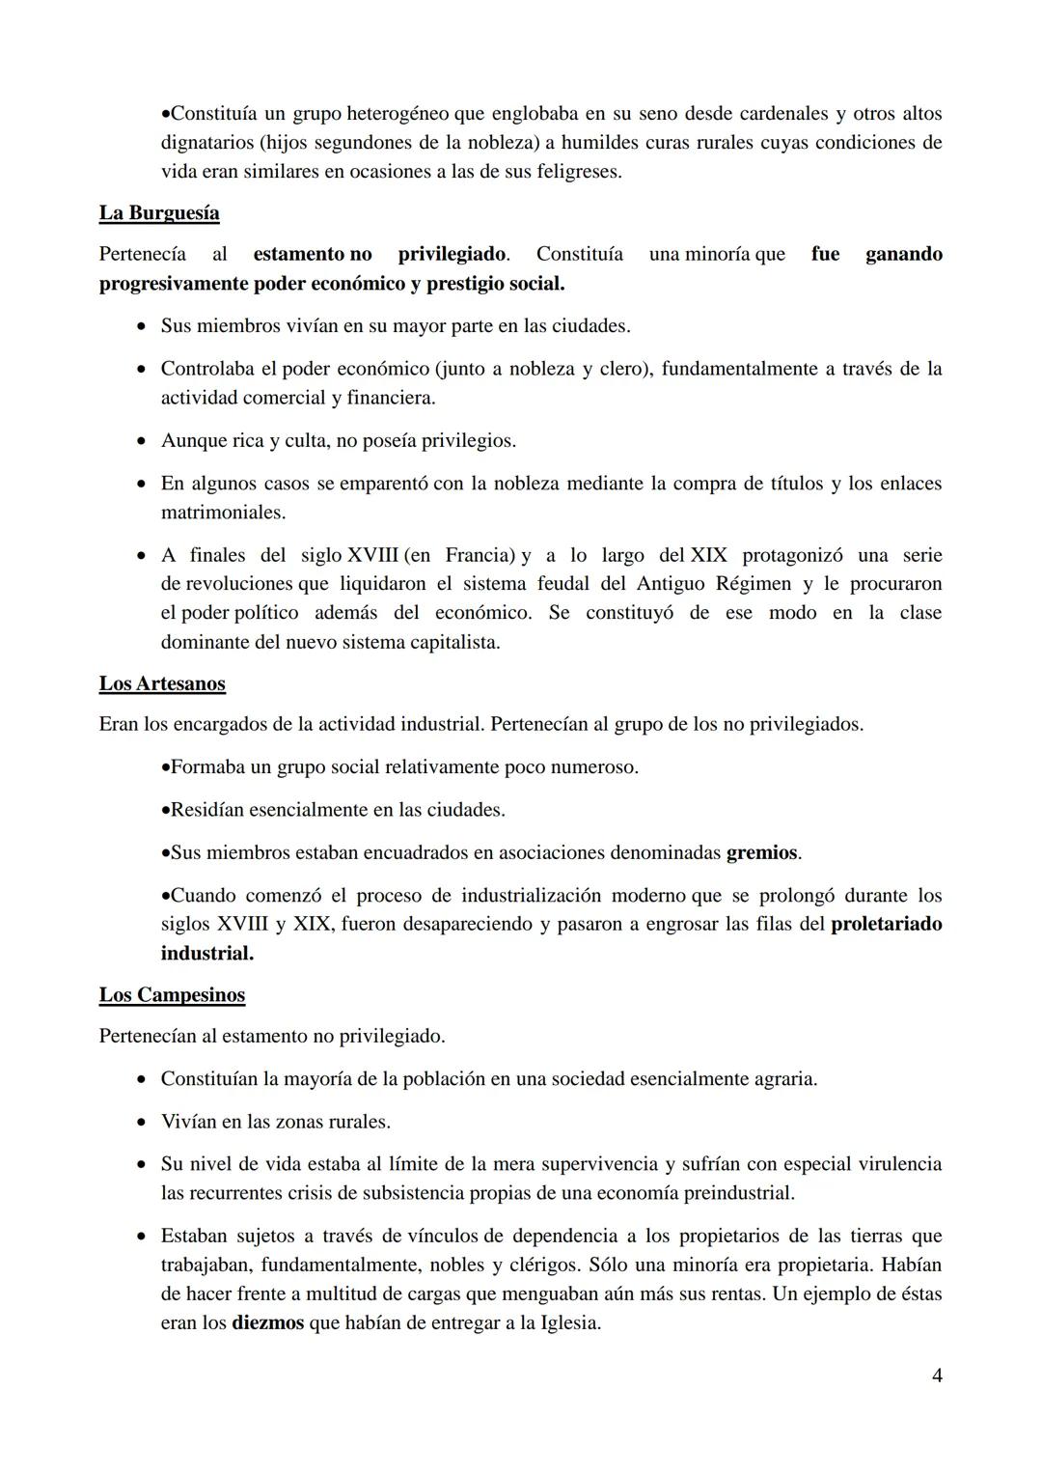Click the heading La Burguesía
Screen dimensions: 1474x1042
coord(159,213)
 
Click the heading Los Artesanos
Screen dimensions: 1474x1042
coord(162,683)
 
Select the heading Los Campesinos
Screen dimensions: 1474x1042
coord(172,995)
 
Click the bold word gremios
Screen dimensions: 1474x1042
coord(761,853)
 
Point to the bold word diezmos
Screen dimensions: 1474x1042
coord(267,1322)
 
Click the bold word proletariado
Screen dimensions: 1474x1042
coord(886,924)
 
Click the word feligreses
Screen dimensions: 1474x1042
coord(575,172)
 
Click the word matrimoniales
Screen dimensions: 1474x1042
coord(223,512)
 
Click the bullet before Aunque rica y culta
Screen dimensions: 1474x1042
coord(141,441)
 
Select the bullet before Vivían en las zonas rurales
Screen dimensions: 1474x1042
coord(141,1123)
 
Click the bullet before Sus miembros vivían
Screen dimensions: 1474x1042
coord(141,326)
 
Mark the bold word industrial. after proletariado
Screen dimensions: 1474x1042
coord(206,954)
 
